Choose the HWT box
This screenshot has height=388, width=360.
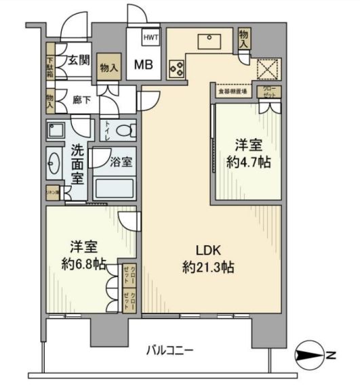(151, 39)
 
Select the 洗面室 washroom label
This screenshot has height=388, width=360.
(78, 165)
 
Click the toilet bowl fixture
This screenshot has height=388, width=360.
(121, 130)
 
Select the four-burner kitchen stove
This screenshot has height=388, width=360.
(177, 68)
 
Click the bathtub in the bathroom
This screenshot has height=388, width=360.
(113, 187)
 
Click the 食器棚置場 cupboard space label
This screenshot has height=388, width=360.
(232, 90)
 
